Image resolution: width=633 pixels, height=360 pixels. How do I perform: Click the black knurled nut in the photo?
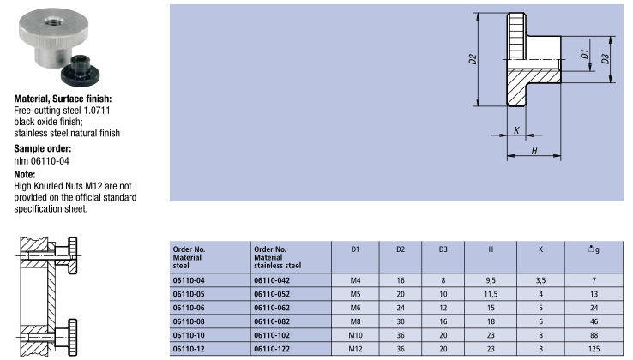pyautogui.click(x=81, y=71)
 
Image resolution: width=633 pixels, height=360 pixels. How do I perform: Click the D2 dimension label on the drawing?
pyautogui.click(x=473, y=59)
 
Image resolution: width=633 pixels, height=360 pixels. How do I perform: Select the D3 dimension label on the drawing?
pyautogui.click(x=605, y=59)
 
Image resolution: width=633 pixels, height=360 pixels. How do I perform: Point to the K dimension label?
pyautogui.click(x=516, y=130)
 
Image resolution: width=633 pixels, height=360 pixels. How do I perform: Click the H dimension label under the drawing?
pyautogui.click(x=534, y=151)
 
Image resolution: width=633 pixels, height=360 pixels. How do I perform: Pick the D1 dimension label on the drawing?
pyautogui.click(x=584, y=54)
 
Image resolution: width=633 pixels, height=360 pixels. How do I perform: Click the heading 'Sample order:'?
pyautogui.click(x=42, y=148)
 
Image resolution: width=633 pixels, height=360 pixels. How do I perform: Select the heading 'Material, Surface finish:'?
pyautogui.click(x=63, y=99)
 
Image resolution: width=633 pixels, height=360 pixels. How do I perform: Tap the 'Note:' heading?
pyautogui.click(x=25, y=174)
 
